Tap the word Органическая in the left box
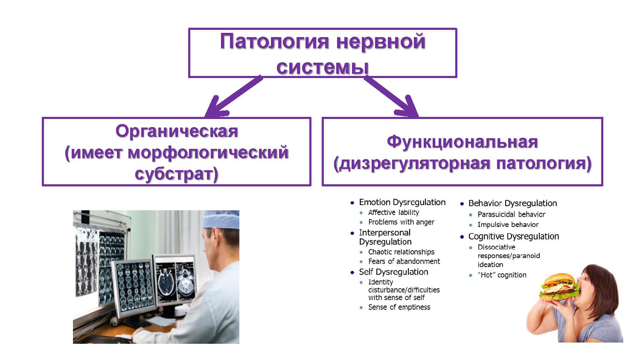[x=176, y=131]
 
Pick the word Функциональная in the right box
[x=462, y=142]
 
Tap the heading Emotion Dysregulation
[x=402, y=202]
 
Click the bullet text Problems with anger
[x=401, y=222]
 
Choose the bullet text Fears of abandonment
[x=404, y=261]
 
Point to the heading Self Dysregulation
[x=393, y=272]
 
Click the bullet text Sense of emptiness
[x=399, y=307]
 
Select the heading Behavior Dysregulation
[x=512, y=203]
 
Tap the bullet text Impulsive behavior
[x=508, y=225]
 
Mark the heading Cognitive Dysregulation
[x=513, y=236]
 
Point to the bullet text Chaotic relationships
[x=401, y=252]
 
